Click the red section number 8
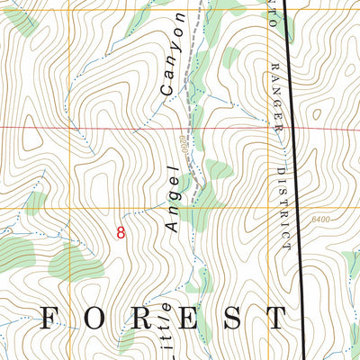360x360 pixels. click(x=121, y=232)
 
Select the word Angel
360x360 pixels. click(x=176, y=203)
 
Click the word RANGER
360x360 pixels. click(x=279, y=99)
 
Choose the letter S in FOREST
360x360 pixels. click(x=231, y=318)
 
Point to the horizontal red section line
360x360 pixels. click(x=90, y=127)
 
